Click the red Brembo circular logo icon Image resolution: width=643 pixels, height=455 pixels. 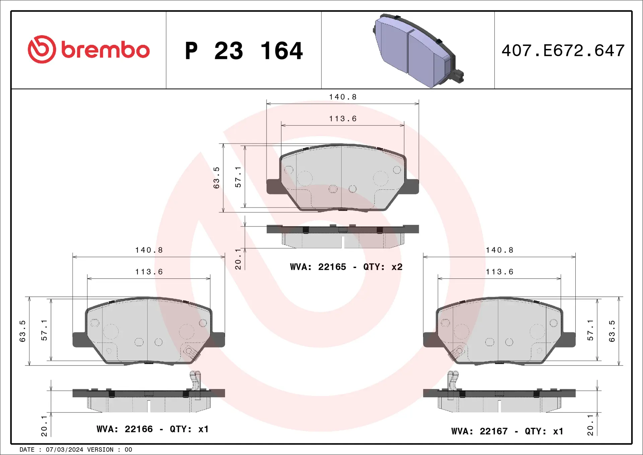pyautogui.click(x=42, y=49)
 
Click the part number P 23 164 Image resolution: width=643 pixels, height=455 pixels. pyautogui.click(x=244, y=51)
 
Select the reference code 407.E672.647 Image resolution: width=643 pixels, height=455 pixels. pyautogui.click(x=563, y=51)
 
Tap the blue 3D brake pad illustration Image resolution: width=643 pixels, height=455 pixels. pyautogui.click(x=418, y=51)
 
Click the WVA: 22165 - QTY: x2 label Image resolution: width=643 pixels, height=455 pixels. pyautogui.click(x=346, y=267)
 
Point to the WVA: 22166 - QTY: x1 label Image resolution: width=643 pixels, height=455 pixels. pyautogui.click(x=153, y=429)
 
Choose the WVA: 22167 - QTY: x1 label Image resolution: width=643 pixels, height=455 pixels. pyautogui.click(x=507, y=431)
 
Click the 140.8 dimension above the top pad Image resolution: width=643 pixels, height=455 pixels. pyautogui.click(x=343, y=97)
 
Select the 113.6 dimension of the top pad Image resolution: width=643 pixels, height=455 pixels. pyautogui.click(x=343, y=119)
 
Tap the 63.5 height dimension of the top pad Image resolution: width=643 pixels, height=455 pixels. pyautogui.click(x=216, y=178)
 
